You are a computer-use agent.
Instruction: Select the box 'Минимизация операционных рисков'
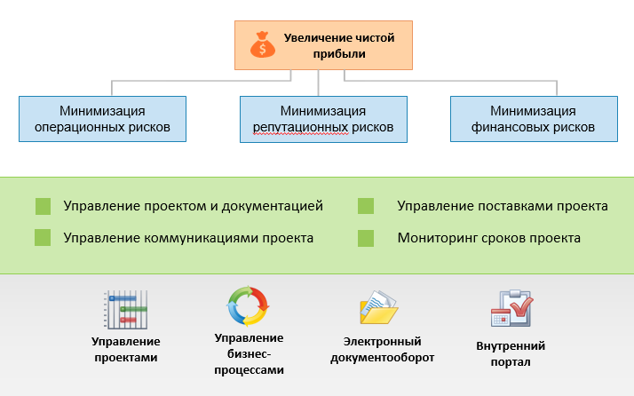tap(102, 119)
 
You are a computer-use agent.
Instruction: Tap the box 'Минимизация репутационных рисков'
tap(322, 119)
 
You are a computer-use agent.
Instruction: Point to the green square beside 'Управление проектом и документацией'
tap(43, 207)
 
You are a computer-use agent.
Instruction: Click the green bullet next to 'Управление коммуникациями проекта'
tap(43, 238)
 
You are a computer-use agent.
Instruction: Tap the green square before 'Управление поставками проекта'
tap(365, 207)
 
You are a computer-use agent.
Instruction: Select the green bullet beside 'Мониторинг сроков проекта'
tap(365, 238)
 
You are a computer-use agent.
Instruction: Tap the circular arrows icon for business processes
tap(248, 307)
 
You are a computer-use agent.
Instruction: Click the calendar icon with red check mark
tap(511, 310)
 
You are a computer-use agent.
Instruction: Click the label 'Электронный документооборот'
tap(382, 349)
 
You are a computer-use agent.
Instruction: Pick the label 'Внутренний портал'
tap(511, 353)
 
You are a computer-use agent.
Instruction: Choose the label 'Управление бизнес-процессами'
tap(249, 353)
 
